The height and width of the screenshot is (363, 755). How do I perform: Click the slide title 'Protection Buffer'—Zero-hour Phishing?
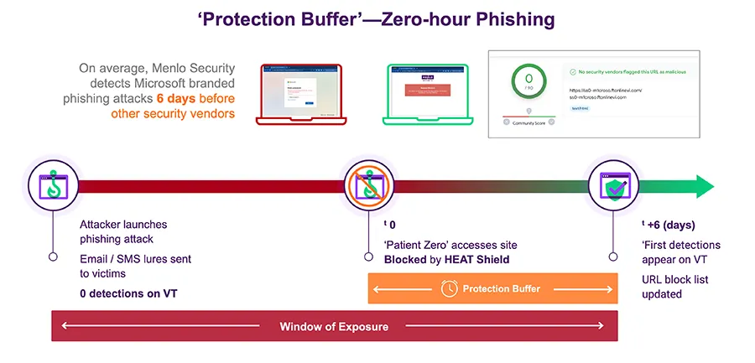(376, 18)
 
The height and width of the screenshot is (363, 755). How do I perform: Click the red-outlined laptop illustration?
(299, 92)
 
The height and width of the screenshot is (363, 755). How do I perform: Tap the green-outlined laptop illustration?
(428, 92)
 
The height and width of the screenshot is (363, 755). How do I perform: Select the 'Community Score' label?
(528, 123)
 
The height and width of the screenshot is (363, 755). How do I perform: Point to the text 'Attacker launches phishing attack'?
(122, 231)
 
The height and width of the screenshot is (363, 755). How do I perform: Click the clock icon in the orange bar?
(449, 288)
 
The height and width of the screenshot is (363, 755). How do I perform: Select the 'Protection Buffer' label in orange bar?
(502, 288)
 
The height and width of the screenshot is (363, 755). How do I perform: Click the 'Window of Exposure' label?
(334, 326)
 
